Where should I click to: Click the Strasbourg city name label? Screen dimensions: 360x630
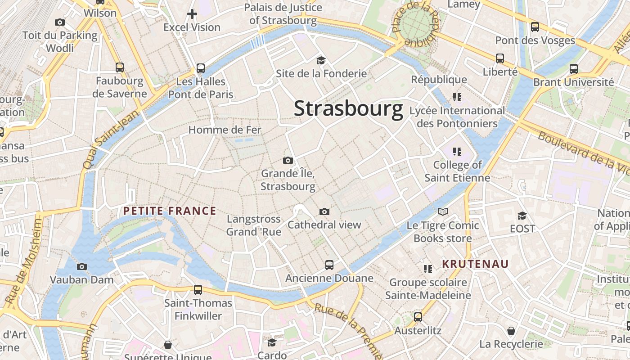point(348,109)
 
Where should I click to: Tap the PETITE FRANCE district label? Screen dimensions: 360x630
point(170,211)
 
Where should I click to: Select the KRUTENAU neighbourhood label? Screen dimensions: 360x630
point(475,264)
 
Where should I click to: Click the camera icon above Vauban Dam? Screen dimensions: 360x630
point(81,266)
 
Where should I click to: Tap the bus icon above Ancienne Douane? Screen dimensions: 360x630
point(329,265)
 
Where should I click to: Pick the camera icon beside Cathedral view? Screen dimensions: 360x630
point(324,211)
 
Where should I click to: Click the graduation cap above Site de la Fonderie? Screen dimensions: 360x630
point(321,60)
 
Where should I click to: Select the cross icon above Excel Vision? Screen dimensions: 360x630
point(192,14)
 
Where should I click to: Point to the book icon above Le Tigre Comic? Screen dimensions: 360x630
point(443,211)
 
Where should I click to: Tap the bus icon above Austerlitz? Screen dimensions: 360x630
point(418,317)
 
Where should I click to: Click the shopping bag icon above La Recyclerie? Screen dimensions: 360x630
point(511,331)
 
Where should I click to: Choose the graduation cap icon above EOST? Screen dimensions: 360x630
point(522,216)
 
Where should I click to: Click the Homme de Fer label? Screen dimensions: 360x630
point(225,130)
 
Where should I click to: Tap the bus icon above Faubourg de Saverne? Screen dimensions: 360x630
point(120,67)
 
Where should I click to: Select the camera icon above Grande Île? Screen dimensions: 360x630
point(288,160)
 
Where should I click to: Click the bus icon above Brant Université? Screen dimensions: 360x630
point(574,69)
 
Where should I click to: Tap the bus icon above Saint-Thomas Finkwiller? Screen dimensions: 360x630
point(198,290)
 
